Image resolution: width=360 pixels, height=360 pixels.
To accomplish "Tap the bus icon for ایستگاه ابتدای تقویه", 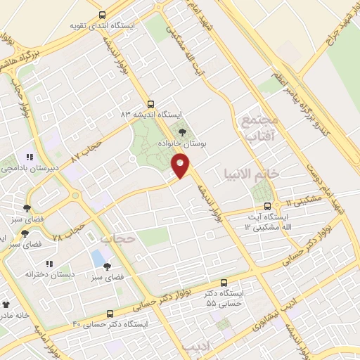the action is tap(102, 15).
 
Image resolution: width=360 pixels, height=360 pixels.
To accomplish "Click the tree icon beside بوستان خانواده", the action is tap(184, 131).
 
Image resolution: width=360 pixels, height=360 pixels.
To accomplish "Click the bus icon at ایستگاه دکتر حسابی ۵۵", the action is tap(224, 283).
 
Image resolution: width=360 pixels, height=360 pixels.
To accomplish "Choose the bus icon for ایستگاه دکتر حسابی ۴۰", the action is tap(110, 314).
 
